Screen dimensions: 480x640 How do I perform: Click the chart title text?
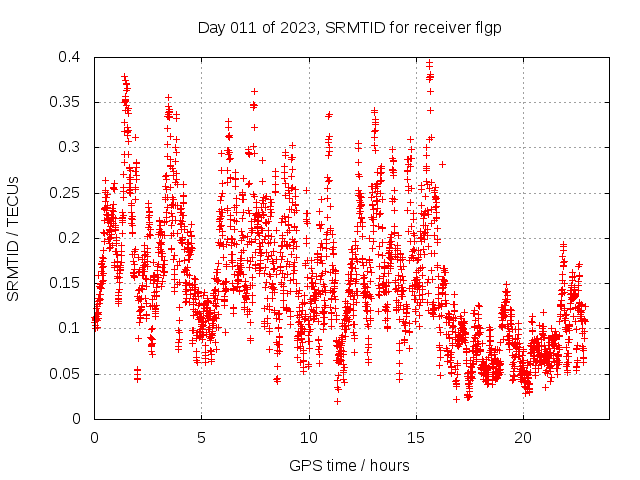[349, 27]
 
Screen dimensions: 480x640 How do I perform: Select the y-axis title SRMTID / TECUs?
[13, 238]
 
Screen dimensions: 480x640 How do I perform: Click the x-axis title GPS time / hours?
[349, 465]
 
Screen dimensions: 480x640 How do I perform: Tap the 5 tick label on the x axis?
[201, 438]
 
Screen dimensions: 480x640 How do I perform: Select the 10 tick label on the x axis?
[308, 438]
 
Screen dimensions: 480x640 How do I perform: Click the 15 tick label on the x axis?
[415, 438]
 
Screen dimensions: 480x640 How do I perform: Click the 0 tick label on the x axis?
[94, 438]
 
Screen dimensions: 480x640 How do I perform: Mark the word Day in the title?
[211, 27]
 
